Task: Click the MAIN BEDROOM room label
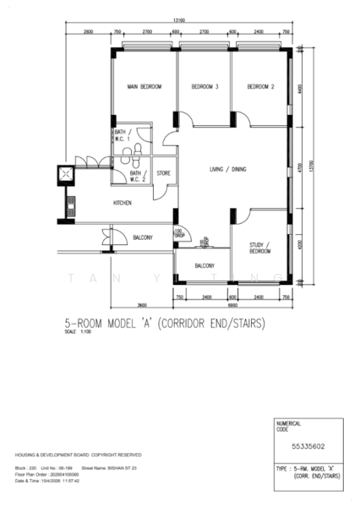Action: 144,87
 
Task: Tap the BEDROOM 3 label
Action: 205,87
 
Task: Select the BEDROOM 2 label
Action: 261,87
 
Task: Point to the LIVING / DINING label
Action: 228,170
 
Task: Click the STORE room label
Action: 163,174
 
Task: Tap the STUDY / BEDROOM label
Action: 259,248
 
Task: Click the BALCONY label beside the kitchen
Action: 143,238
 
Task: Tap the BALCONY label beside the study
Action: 205,265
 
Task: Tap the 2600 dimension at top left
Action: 88,31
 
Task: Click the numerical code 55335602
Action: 303,443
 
